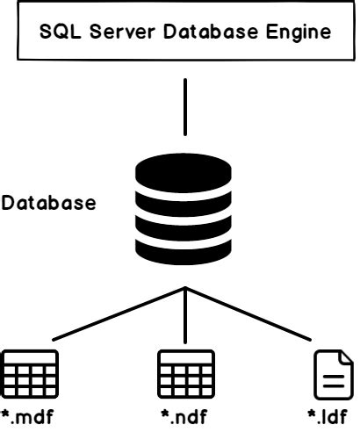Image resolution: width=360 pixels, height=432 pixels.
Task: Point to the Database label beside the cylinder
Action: (48, 204)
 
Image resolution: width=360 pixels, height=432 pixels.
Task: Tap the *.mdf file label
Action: (30, 416)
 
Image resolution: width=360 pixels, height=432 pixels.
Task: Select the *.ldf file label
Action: (329, 416)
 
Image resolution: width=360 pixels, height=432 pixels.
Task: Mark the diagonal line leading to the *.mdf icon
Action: (105, 316)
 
